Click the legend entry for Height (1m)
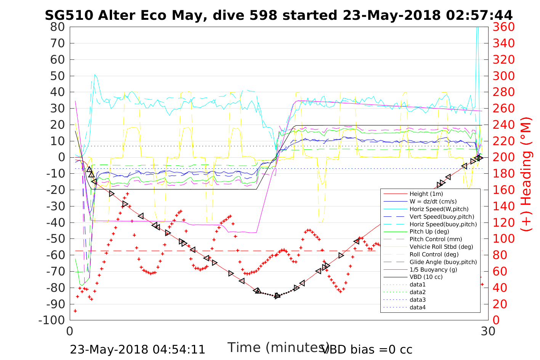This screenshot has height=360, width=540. click(426, 194)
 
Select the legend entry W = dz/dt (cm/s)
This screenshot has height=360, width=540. click(433, 202)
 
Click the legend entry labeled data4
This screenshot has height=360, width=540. click(418, 307)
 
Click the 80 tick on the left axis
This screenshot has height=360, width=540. click(58, 27)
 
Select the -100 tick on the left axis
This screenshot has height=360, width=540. click(52, 320)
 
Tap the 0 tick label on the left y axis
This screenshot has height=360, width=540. click(61, 157)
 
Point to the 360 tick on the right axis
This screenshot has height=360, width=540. click(504, 27)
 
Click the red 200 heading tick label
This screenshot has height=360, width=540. click(504, 157)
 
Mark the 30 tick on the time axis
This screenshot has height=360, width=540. click(488, 331)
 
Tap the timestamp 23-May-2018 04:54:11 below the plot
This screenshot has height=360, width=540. click(138, 349)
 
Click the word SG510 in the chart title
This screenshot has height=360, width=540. click(69, 15)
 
